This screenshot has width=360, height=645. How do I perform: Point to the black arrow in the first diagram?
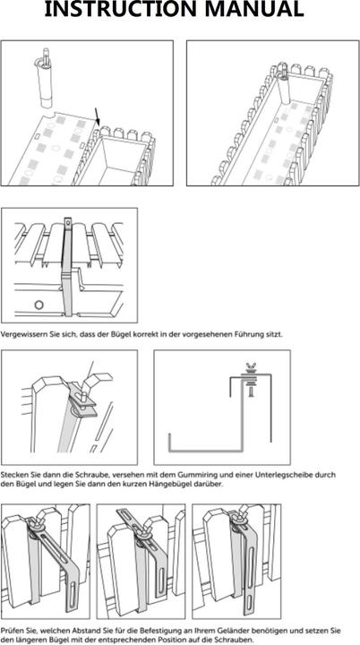(97, 116)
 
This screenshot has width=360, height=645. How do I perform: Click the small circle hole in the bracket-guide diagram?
(39, 305)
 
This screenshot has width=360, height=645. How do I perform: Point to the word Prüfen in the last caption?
(10, 631)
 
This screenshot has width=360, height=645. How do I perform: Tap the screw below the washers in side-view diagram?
(250, 391)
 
